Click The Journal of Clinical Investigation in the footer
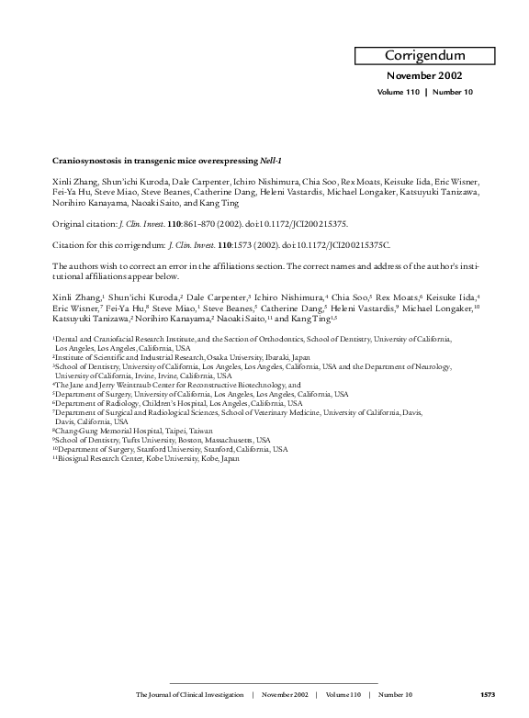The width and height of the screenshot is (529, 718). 187,695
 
